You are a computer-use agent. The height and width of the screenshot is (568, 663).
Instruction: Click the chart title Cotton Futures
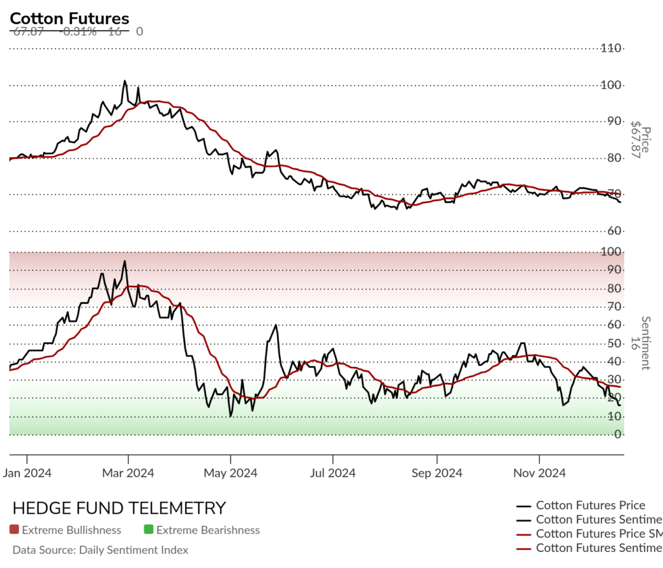tap(69, 19)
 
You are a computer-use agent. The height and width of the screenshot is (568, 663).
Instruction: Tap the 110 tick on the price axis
tap(611, 48)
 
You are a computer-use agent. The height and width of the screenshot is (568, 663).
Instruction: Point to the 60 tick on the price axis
tap(611, 231)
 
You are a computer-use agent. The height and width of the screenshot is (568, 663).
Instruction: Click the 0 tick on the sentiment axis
tap(619, 435)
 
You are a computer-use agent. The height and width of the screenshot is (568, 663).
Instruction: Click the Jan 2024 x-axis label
tap(27, 473)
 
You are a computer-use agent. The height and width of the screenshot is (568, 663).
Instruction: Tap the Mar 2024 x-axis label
tap(128, 473)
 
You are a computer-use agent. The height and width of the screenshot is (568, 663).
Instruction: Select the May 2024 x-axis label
tap(230, 473)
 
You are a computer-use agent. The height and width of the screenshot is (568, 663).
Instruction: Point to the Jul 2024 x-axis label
tap(332, 473)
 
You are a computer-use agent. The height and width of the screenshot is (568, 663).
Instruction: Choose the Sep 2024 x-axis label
tap(436, 473)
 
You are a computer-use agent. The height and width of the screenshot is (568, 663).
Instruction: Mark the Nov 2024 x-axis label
tap(539, 473)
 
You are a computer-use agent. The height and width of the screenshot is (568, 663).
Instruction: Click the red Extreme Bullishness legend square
tap(14, 530)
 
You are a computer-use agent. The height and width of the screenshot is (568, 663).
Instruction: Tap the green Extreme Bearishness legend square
tap(148, 530)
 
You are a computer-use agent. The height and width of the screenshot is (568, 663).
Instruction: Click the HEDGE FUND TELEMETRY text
tap(119, 508)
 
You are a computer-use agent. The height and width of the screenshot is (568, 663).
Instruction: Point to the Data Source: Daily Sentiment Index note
tap(100, 550)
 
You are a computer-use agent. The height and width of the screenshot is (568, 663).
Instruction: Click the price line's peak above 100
tap(124, 82)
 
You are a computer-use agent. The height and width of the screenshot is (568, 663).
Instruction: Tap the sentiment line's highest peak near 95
tap(124, 261)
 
